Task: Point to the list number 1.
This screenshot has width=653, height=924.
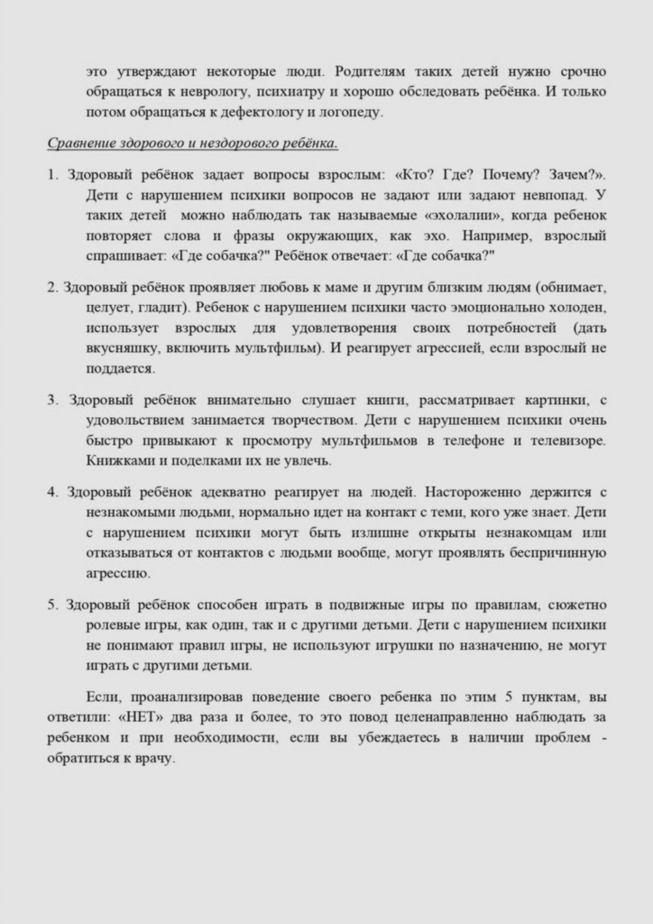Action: [52, 174]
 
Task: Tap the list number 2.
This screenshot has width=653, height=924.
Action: [52, 288]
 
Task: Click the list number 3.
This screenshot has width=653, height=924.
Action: [52, 400]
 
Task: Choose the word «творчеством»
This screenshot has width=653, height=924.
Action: [317, 420]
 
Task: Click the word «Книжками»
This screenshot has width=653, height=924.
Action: [120, 461]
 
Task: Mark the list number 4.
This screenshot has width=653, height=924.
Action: [52, 493]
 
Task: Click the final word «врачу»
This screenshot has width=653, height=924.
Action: [152, 759]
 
